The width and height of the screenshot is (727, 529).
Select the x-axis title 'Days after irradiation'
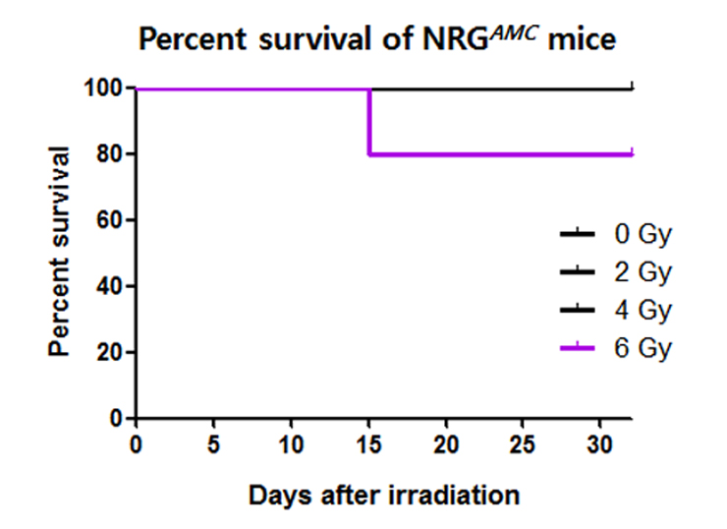click(382, 495)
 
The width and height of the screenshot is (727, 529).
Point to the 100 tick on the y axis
click(105, 88)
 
